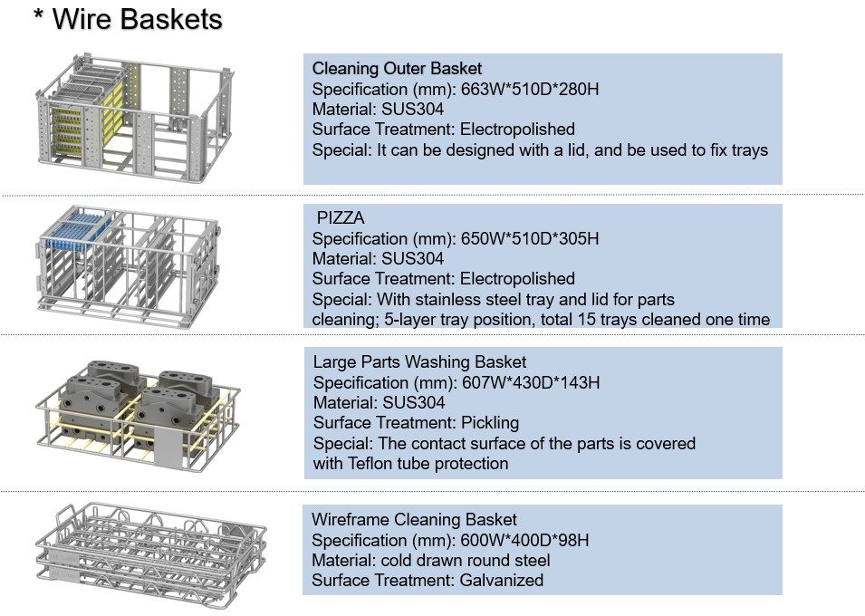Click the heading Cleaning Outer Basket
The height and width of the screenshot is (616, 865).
[x=397, y=68]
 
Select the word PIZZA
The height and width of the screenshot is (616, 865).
[x=340, y=218]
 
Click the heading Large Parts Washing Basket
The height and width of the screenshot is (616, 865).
[x=419, y=361]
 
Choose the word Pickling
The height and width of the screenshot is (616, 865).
[x=489, y=423]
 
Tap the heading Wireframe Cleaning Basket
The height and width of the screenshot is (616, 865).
[x=414, y=520]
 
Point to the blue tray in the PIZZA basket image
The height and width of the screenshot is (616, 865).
[x=83, y=224]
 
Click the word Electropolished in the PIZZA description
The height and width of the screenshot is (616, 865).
[x=517, y=278]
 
